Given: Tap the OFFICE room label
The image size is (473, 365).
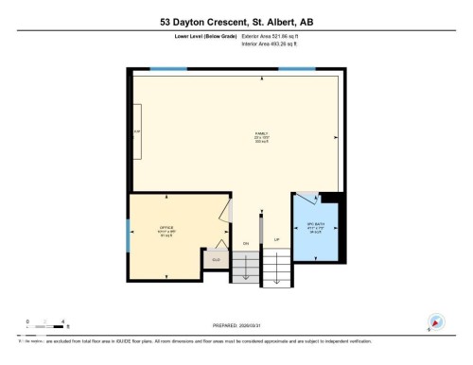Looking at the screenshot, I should pos(166,229).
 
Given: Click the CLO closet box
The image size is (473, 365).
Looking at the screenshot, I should pos(216,259).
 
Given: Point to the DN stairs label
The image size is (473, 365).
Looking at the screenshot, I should pos(245,243).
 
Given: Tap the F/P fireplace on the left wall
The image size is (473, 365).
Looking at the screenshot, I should pos(138,131).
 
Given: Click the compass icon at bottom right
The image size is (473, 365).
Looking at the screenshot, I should pos(436,322).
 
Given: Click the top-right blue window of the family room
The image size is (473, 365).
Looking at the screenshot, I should pos(296,69).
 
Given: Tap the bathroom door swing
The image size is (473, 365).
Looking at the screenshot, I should pos(306,200).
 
